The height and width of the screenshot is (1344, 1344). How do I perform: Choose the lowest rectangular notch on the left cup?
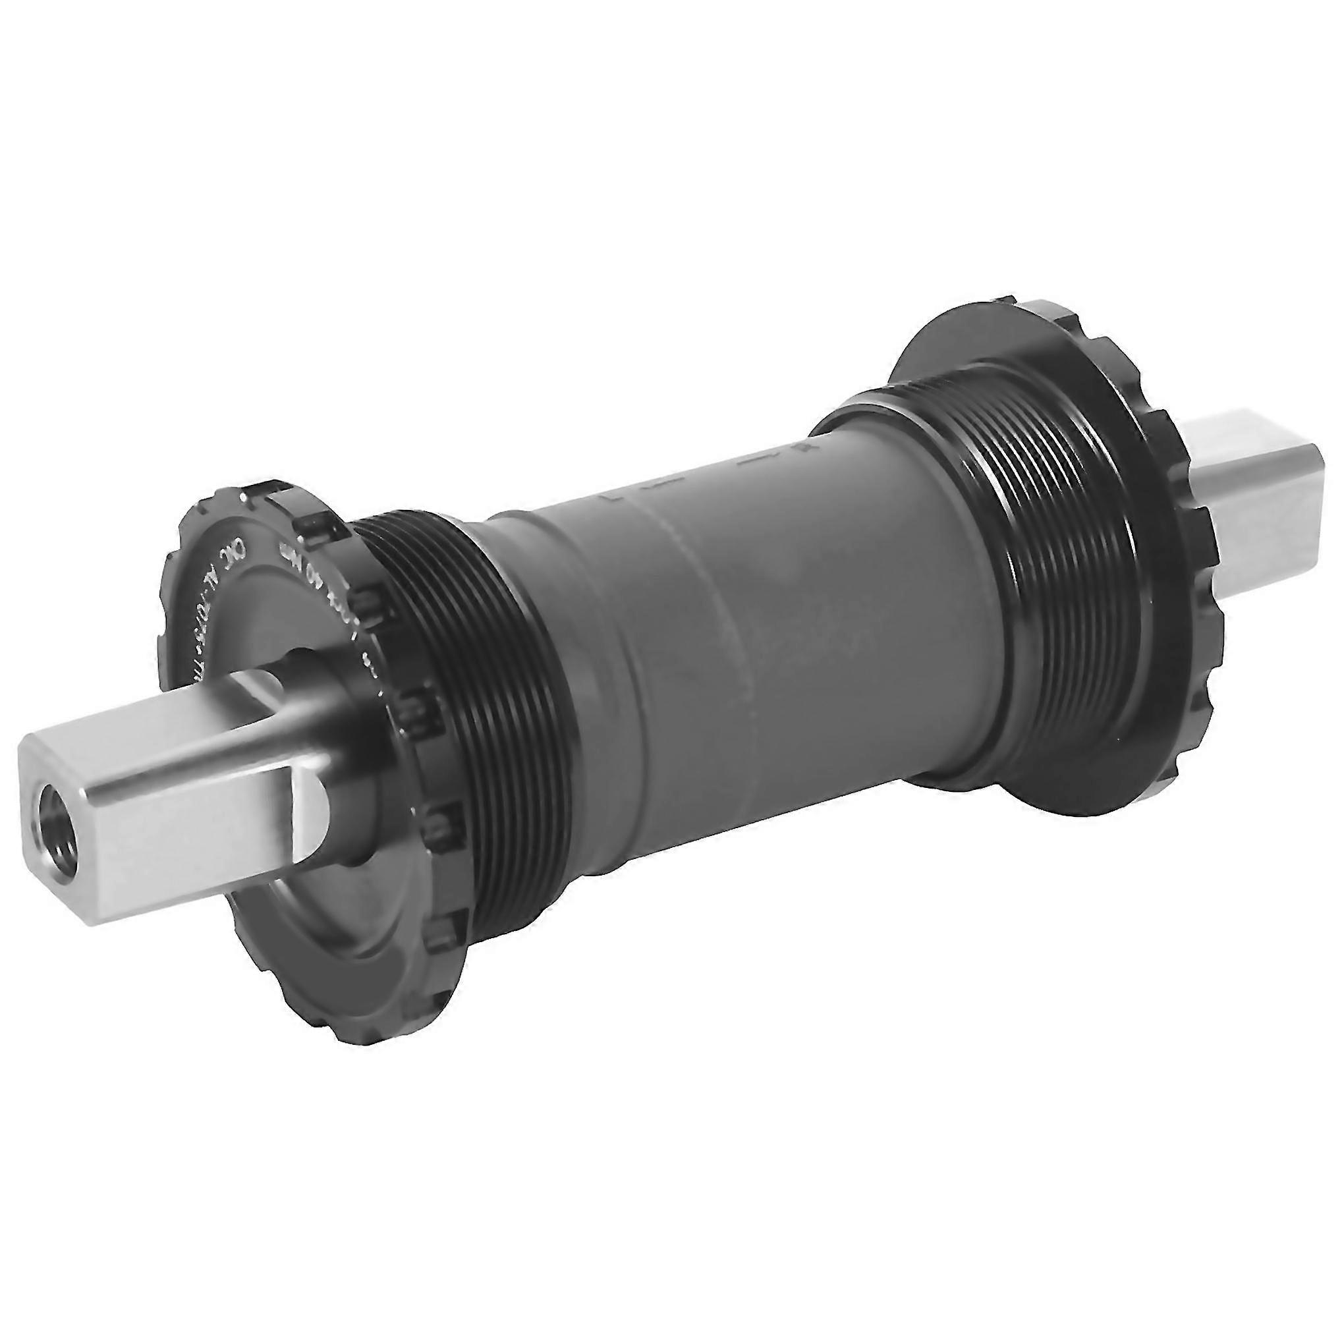445,936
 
